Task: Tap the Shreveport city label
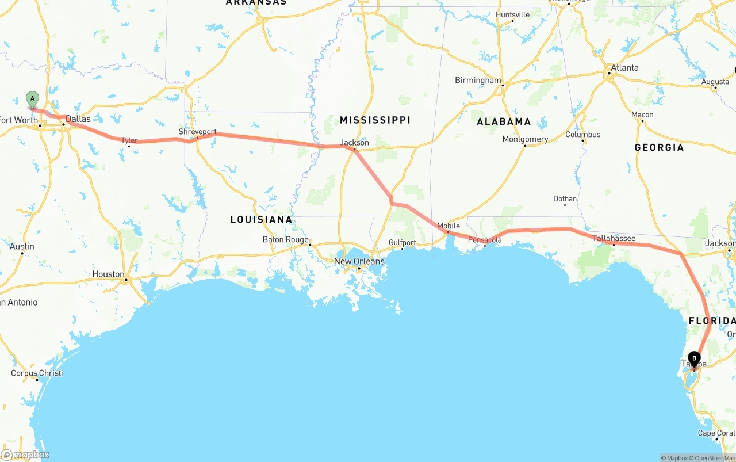pos(197,132)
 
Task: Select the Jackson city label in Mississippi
pos(355,143)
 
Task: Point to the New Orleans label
pos(359,261)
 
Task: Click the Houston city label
pos(108,274)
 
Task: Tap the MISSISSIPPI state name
pos(375,120)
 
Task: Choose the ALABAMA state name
pos(504,121)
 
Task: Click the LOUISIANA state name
pos(261,219)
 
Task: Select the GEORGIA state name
pos(659,147)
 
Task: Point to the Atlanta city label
pos(624,68)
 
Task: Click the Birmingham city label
pos(478,80)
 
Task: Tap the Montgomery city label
pos(525,139)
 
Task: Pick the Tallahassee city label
pos(614,238)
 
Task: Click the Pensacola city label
pos(485,240)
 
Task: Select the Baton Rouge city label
pos(285,239)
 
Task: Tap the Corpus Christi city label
pos(37,373)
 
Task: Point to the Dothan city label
pos(565,199)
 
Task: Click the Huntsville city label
pos(512,14)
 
